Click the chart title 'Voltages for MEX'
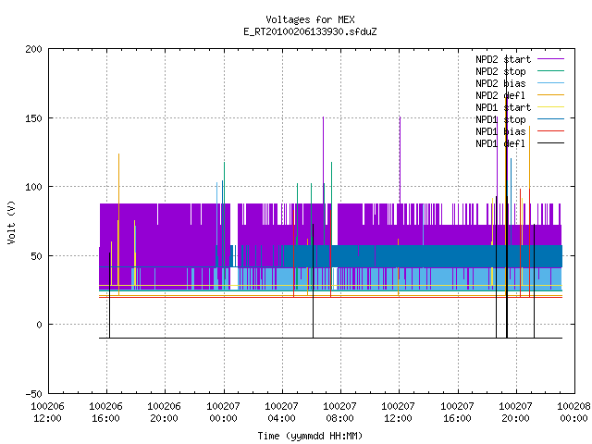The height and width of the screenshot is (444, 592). (x=310, y=19)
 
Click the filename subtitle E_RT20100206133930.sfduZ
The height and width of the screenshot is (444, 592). (x=310, y=31)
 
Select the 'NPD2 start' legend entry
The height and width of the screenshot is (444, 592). (x=520, y=59)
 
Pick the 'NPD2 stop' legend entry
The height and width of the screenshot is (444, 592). (x=520, y=71)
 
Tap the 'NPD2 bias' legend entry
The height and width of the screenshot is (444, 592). (x=520, y=83)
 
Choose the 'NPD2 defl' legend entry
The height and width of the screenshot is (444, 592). (x=520, y=95)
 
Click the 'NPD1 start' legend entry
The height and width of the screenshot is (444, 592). (x=520, y=107)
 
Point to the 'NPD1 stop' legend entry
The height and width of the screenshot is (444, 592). (x=520, y=119)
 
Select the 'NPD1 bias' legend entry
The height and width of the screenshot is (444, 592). (x=520, y=131)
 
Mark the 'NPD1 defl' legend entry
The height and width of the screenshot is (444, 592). (x=520, y=143)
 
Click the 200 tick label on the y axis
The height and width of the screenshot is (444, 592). (x=33, y=49)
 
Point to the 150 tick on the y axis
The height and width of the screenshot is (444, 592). (x=33, y=118)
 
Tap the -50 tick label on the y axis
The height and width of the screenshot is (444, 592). (x=33, y=394)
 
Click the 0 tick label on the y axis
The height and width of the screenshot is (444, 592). (x=39, y=325)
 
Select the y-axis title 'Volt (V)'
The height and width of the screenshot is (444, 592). (x=12, y=222)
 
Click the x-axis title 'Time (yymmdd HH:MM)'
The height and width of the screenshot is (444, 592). (x=310, y=436)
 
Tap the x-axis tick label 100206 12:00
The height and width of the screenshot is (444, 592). (x=47, y=412)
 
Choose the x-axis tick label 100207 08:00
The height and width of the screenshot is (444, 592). (x=339, y=412)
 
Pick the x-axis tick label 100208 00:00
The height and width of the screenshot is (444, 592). (x=573, y=412)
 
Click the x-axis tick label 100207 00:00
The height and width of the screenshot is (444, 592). (x=223, y=412)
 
